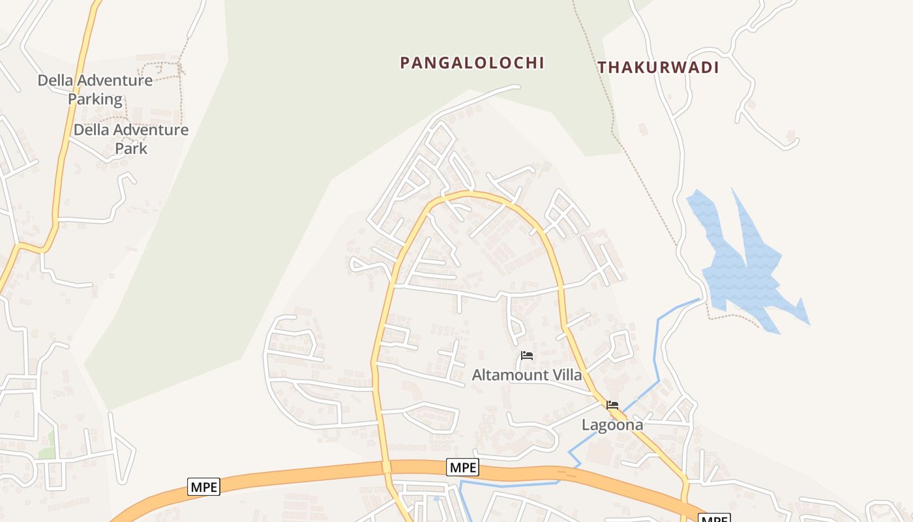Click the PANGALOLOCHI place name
point(471,63)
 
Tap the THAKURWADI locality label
point(657,67)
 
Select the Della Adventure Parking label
point(95,89)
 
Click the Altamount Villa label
point(526,375)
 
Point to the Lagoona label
point(612,425)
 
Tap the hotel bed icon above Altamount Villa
point(527,356)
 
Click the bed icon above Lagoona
point(612,405)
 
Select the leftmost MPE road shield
point(203,486)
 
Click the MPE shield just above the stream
point(462,467)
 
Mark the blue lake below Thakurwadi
point(743,268)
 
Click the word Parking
point(95,99)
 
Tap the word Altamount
point(511,375)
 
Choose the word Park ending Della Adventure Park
point(131,148)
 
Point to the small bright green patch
point(46,452)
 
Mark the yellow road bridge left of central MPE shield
point(386,467)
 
